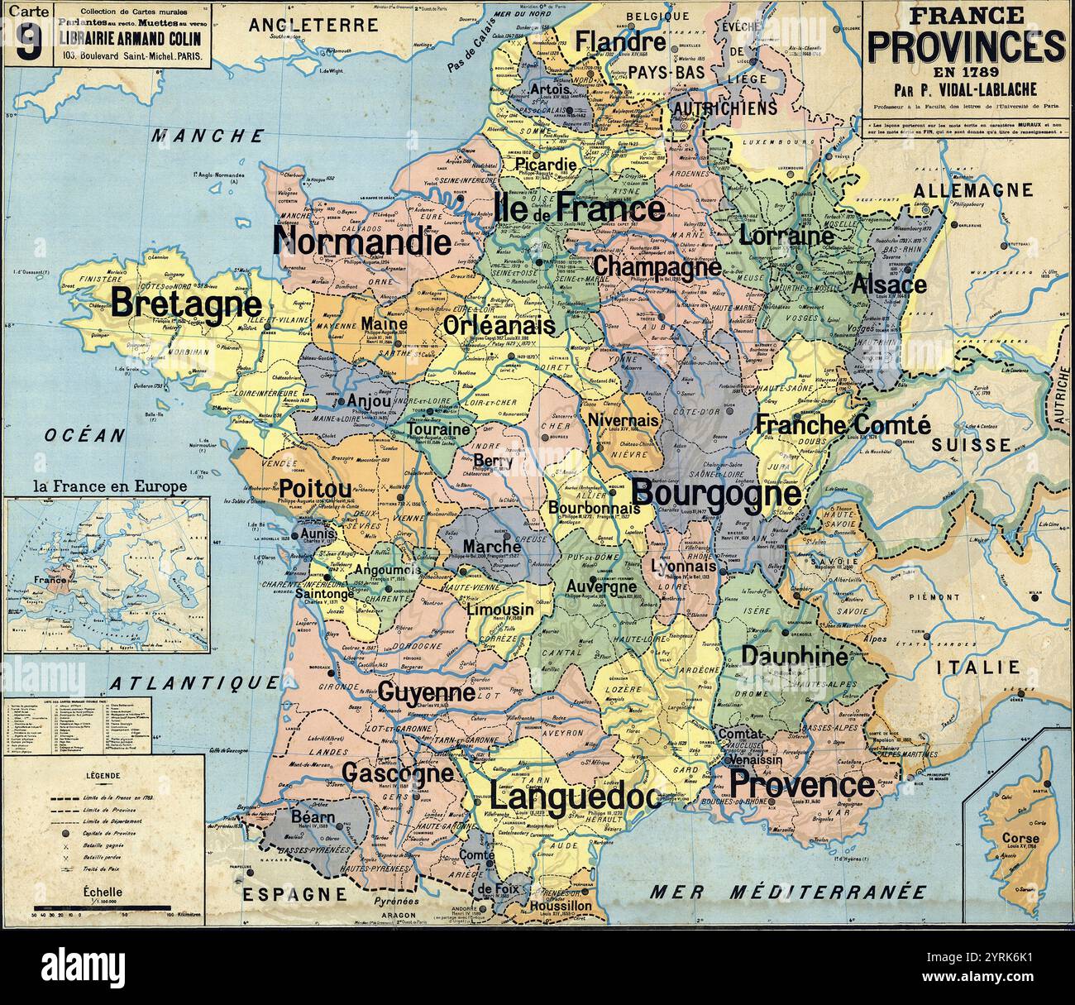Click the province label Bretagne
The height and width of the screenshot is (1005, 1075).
pyautogui.click(x=186, y=304)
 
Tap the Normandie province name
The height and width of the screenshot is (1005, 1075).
pyautogui.click(x=362, y=242)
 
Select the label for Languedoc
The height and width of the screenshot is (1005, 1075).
pyautogui.click(x=575, y=799)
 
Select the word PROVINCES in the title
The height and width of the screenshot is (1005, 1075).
pyautogui.click(x=966, y=49)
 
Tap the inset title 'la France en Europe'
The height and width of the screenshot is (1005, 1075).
pyautogui.click(x=109, y=486)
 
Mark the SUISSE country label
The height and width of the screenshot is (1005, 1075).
pyautogui.click(x=971, y=445)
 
